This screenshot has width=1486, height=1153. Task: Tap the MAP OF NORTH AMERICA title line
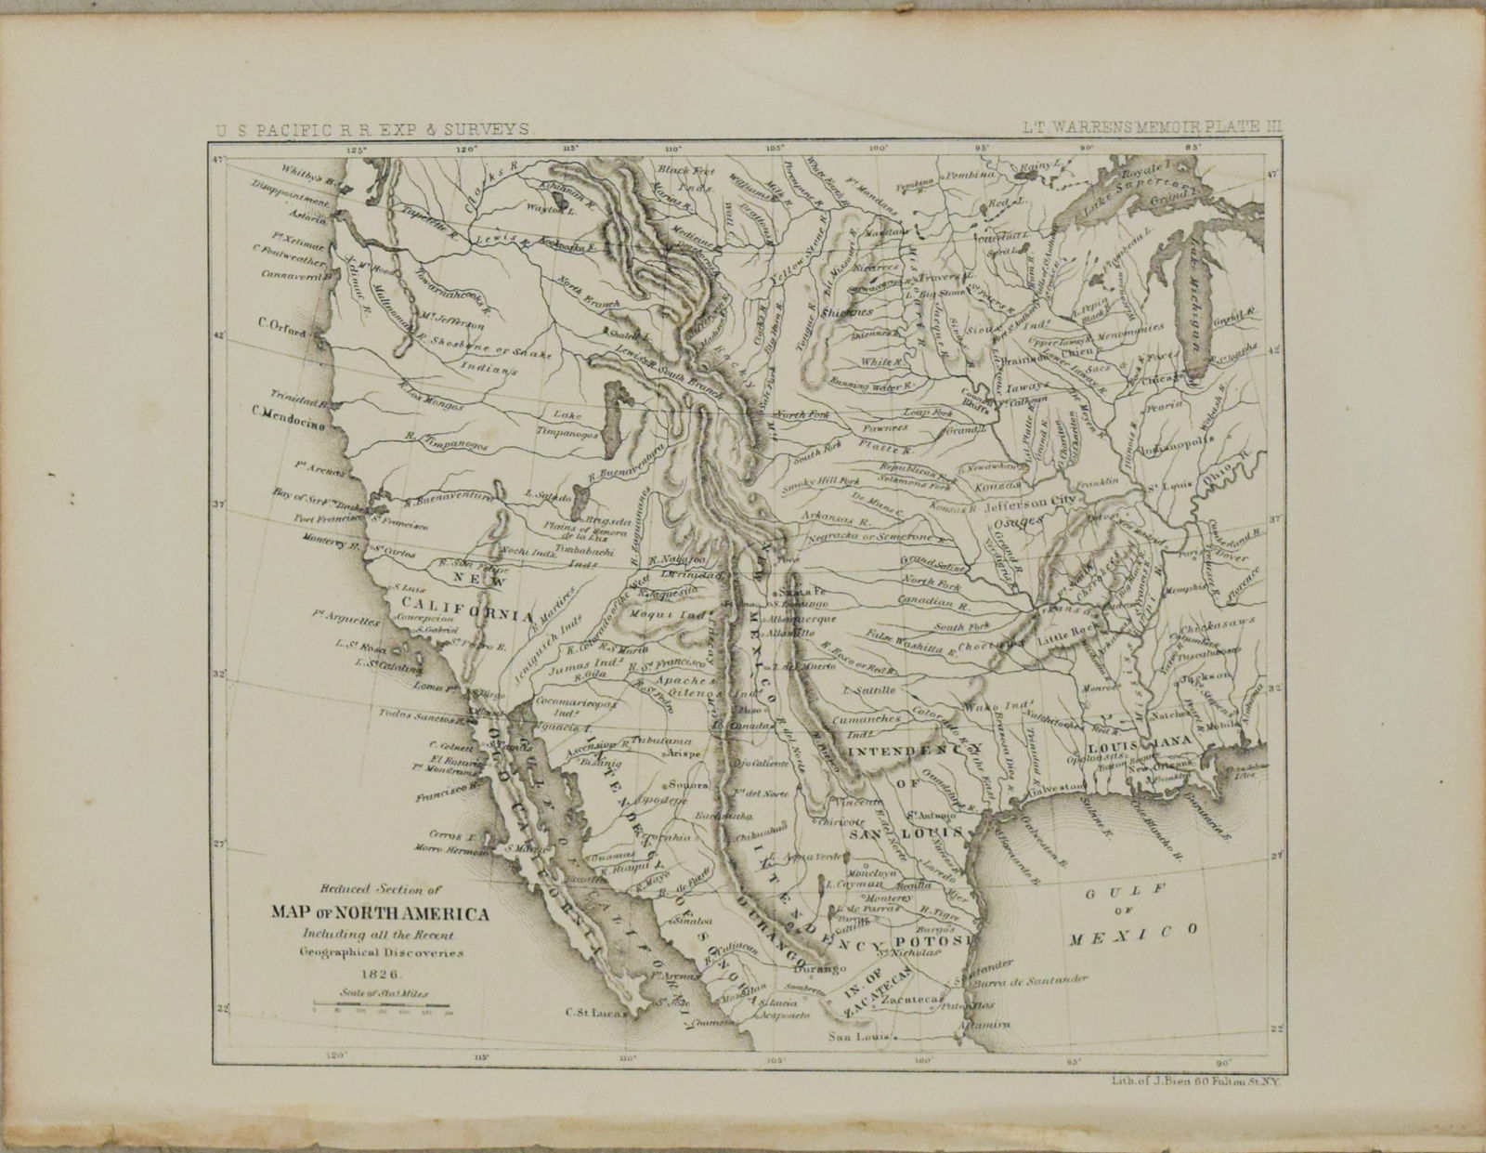tap(379, 913)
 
